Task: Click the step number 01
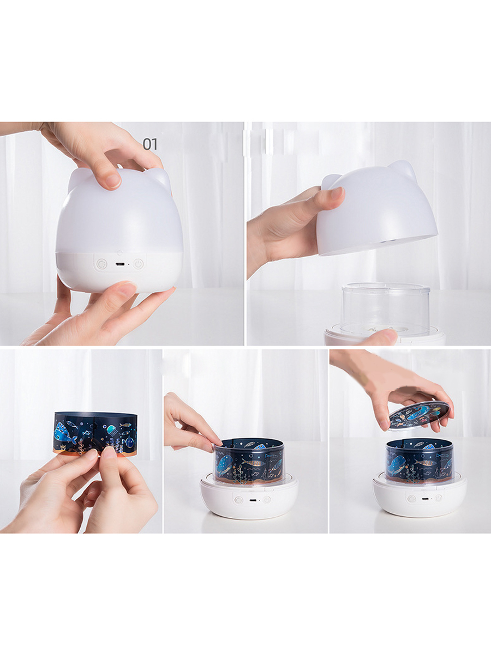(150, 144)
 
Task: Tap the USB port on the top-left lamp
(120, 264)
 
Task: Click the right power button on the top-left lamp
(139, 264)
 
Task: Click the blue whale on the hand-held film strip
(66, 435)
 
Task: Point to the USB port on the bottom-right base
(424, 499)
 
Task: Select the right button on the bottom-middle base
(267, 499)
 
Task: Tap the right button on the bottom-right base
(439, 498)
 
